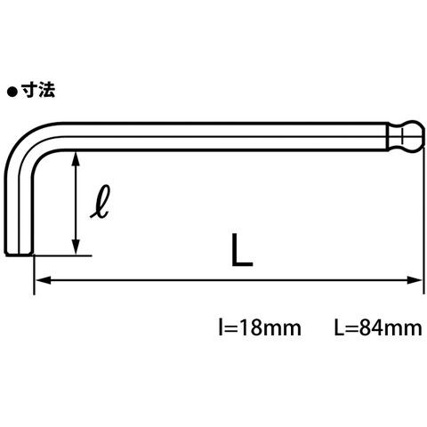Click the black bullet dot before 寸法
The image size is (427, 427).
coord(12,93)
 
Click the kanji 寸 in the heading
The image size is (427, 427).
coord(28,90)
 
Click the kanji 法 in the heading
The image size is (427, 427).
coord(46,90)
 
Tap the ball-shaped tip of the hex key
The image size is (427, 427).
coord(411,136)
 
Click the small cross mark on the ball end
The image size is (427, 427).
coord(402,136)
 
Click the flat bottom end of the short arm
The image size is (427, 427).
coord(19,254)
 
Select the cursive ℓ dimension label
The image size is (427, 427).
coord(101,202)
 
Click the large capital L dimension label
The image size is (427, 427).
coord(242,250)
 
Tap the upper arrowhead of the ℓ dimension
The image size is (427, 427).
coord(77,158)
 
